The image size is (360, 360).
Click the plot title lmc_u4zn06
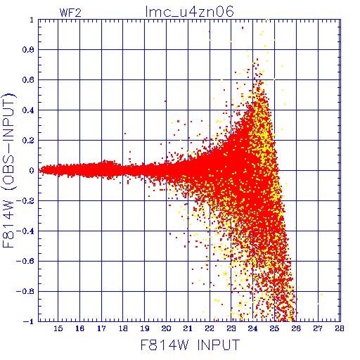pyautogui.click(x=189, y=12)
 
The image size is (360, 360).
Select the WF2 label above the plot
pyautogui.click(x=70, y=13)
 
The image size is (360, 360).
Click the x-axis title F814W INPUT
pyautogui.click(x=190, y=345)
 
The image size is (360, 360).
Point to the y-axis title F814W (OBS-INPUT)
pyautogui.click(x=8, y=171)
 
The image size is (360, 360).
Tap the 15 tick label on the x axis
pyautogui.click(x=58, y=328)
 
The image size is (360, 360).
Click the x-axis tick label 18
pyautogui.click(x=123, y=328)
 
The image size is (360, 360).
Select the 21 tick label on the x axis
pyautogui.click(x=188, y=328)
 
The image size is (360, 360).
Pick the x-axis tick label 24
pyautogui.click(x=252, y=328)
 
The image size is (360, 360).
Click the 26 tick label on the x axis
pyautogui.click(x=296, y=328)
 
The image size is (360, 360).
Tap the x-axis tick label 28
pyautogui.click(x=339, y=328)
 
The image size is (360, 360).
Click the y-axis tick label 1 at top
pyautogui.click(x=32, y=20)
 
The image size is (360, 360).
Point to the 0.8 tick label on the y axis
pyautogui.click(x=28, y=50)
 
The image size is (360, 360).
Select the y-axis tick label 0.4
pyautogui.click(x=28, y=110)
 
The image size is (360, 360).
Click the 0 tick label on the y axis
pyautogui.click(x=32, y=171)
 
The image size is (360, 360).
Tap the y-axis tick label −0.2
pyautogui.click(x=25, y=201)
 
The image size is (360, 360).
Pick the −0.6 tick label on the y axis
pyautogui.click(x=25, y=261)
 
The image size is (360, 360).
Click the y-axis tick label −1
pyautogui.click(x=29, y=321)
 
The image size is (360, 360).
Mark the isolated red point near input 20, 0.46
pyautogui.click(x=165, y=101)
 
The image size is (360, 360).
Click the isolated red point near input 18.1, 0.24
pyautogui.click(x=125, y=134)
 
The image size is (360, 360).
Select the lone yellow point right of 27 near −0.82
pyautogui.click(x=321, y=295)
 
